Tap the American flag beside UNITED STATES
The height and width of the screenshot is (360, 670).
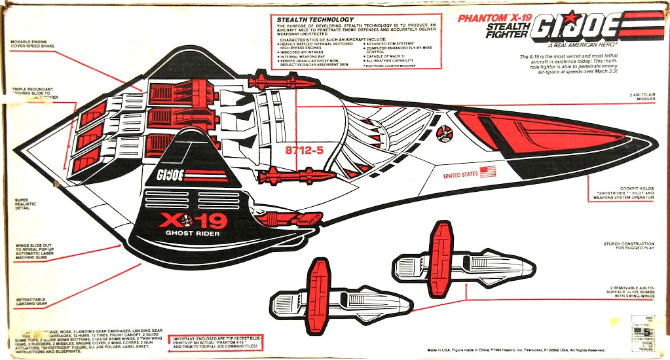pos(487,172)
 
